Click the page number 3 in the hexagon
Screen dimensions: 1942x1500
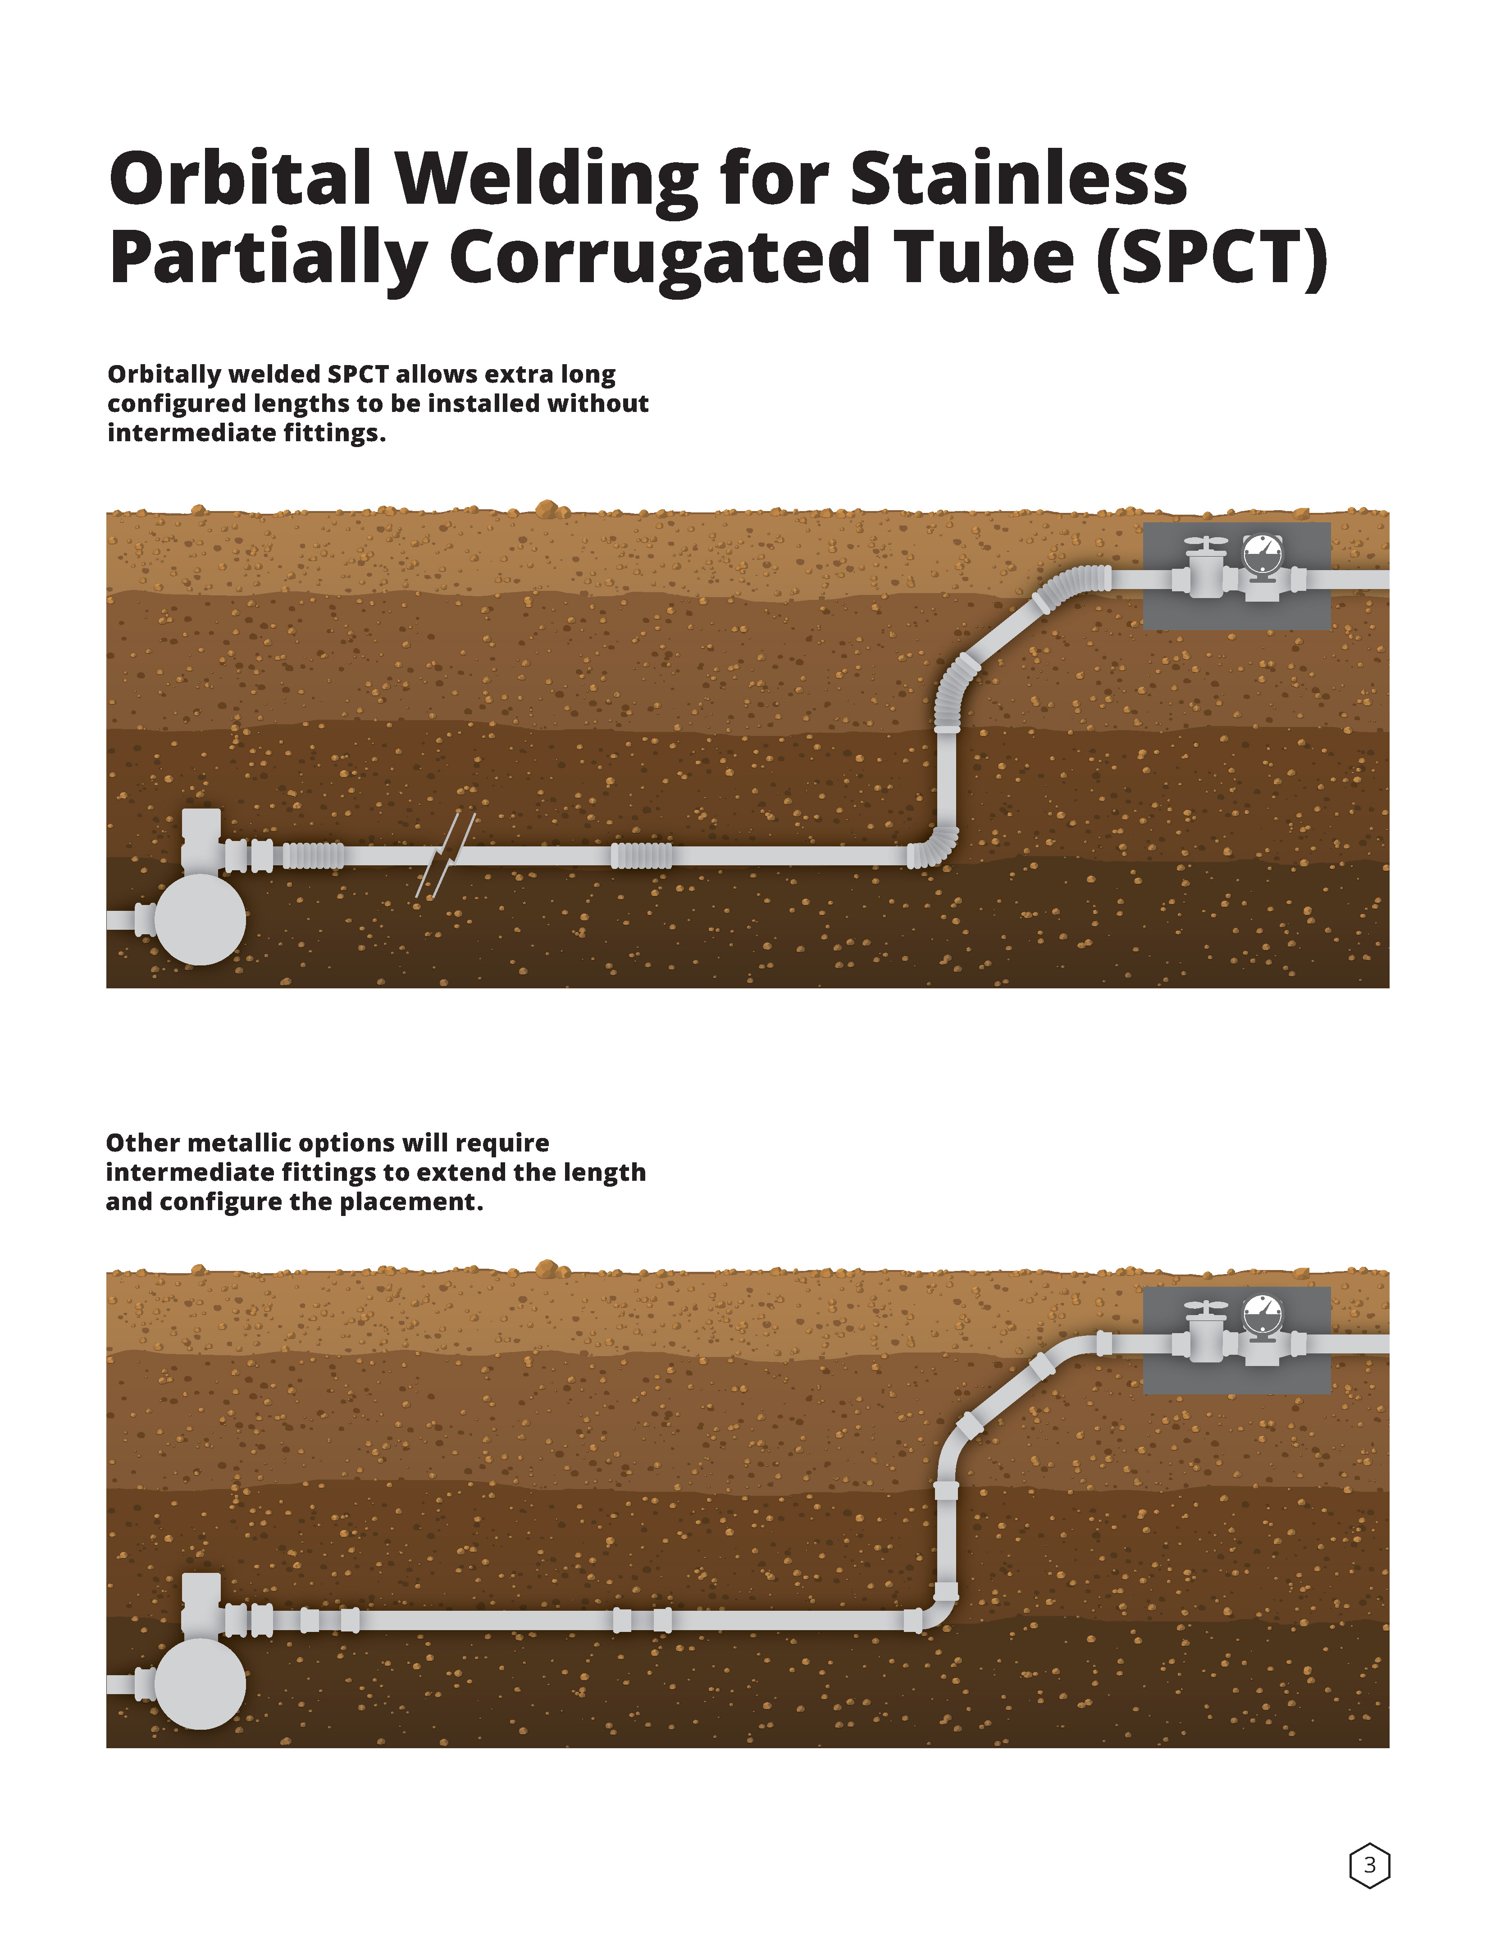pyautogui.click(x=1369, y=1864)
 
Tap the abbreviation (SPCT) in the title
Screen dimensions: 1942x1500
pyautogui.click(x=1211, y=258)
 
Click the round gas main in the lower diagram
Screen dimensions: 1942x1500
pyautogui.click(x=200, y=1683)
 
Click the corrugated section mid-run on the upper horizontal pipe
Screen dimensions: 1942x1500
pyautogui.click(x=641, y=855)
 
